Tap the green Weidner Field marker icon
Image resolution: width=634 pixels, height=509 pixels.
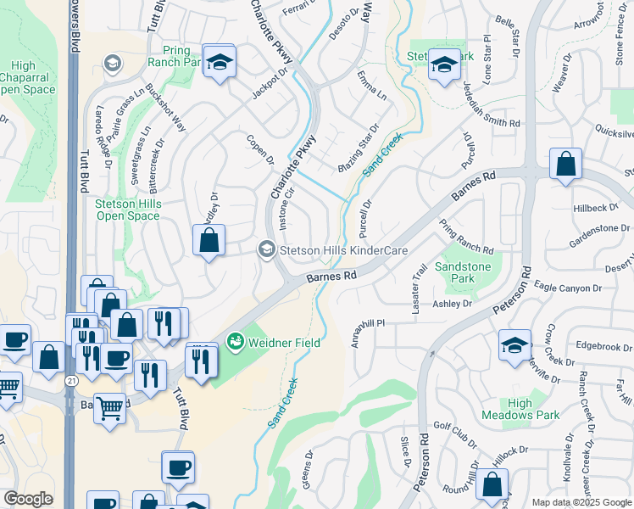pos(236,343)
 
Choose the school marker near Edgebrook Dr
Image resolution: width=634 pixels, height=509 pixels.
pos(514,346)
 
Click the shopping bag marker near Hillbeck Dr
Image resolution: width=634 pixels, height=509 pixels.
pos(565,165)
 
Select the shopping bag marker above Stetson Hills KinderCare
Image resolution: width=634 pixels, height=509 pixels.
pos(209,240)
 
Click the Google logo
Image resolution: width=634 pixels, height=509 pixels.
pos(28,499)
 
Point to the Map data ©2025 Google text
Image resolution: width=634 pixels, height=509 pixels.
pos(581,502)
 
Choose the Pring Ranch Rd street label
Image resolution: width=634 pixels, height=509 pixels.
pos(466,238)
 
